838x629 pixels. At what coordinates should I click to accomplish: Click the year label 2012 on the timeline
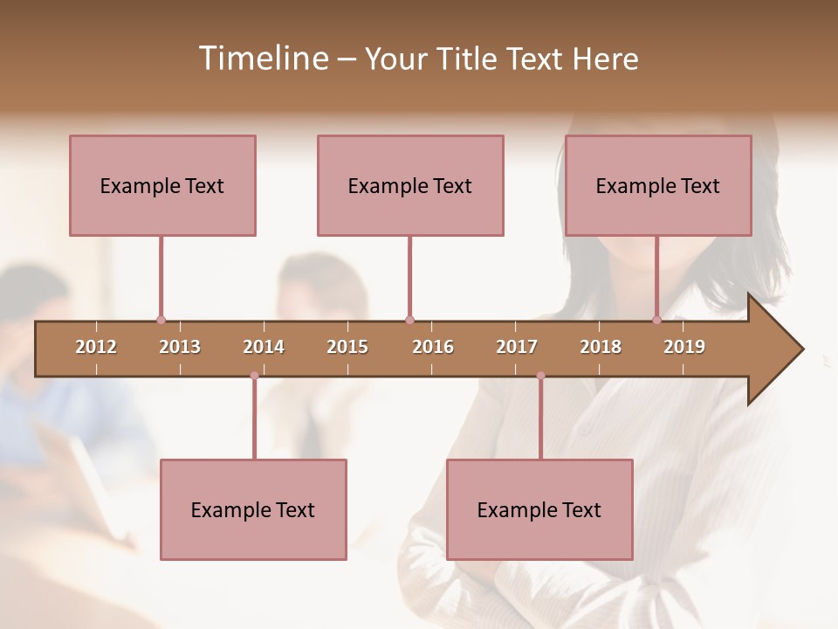click(x=96, y=347)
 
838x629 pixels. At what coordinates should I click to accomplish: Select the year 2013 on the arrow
click(x=180, y=347)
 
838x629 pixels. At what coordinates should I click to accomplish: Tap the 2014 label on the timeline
click(x=264, y=347)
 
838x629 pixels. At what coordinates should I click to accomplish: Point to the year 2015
click(x=347, y=347)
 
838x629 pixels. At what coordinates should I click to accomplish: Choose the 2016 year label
click(x=433, y=347)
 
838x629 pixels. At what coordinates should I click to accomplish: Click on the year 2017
click(x=517, y=347)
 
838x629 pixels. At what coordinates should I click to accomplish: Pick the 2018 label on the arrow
click(x=601, y=347)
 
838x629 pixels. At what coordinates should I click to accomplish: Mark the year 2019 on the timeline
click(x=684, y=347)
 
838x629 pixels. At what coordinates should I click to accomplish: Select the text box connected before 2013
click(x=162, y=185)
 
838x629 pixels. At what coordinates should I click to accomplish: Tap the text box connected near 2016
click(x=410, y=185)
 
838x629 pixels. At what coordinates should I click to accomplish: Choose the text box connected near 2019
click(x=658, y=185)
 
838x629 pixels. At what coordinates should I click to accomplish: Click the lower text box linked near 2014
click(x=253, y=509)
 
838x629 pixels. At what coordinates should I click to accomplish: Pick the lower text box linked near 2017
click(x=539, y=509)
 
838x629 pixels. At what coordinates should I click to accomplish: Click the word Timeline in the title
click(x=262, y=59)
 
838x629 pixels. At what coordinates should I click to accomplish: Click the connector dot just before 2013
click(x=161, y=320)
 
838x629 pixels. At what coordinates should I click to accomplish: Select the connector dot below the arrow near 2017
click(x=540, y=376)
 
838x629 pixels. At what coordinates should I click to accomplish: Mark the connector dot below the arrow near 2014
click(x=254, y=376)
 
